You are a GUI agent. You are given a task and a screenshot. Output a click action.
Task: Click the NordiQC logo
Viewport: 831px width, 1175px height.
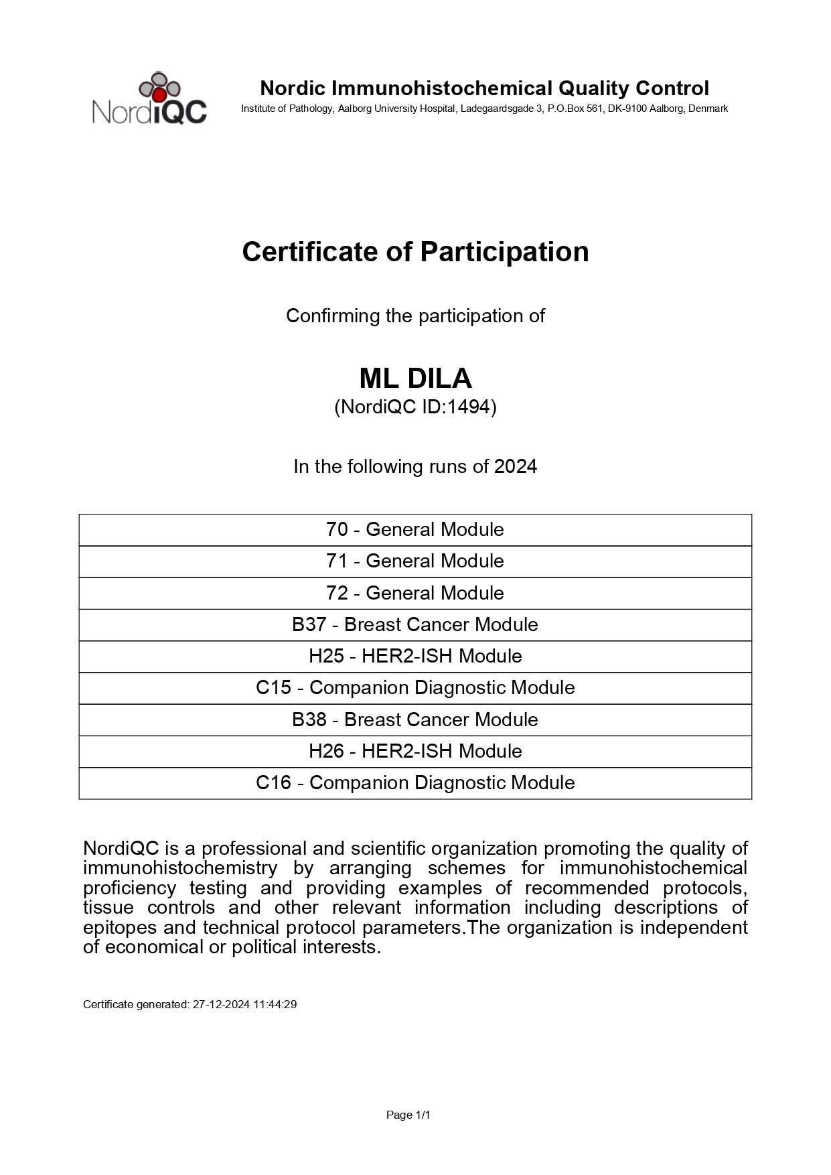(x=149, y=98)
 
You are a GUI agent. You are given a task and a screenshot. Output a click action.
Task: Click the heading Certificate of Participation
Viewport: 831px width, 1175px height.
(x=415, y=252)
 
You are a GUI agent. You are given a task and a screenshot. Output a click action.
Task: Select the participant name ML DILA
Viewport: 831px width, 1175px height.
(x=415, y=379)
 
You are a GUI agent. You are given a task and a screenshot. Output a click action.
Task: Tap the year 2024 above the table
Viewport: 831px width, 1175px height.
(x=516, y=466)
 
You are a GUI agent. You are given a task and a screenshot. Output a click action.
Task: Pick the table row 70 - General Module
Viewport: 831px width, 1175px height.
(x=415, y=530)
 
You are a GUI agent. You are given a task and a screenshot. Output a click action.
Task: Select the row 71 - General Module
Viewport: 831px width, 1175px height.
(x=415, y=561)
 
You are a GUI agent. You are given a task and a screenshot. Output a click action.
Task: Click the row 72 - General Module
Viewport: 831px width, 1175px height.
(x=415, y=593)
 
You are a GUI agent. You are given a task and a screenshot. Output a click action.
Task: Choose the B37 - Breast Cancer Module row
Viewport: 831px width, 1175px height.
(x=415, y=624)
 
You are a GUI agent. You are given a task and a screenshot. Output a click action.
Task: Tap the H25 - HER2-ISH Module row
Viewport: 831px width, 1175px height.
(x=415, y=656)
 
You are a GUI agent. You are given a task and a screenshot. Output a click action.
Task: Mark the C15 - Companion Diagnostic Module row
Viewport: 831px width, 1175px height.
(x=415, y=688)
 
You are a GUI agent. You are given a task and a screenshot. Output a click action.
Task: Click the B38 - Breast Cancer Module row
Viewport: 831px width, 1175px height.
(x=415, y=719)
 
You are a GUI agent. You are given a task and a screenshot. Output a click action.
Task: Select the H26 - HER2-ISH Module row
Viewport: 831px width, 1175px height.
(x=415, y=751)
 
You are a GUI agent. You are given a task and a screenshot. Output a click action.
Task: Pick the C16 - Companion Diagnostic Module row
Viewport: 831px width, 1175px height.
(x=415, y=782)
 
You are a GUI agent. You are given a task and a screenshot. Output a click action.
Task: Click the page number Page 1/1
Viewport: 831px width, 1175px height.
(x=408, y=1115)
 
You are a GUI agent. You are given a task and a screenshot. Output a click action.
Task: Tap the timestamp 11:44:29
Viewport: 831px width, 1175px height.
(x=275, y=1005)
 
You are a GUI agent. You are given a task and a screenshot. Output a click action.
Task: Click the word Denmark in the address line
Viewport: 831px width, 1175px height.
(x=708, y=109)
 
